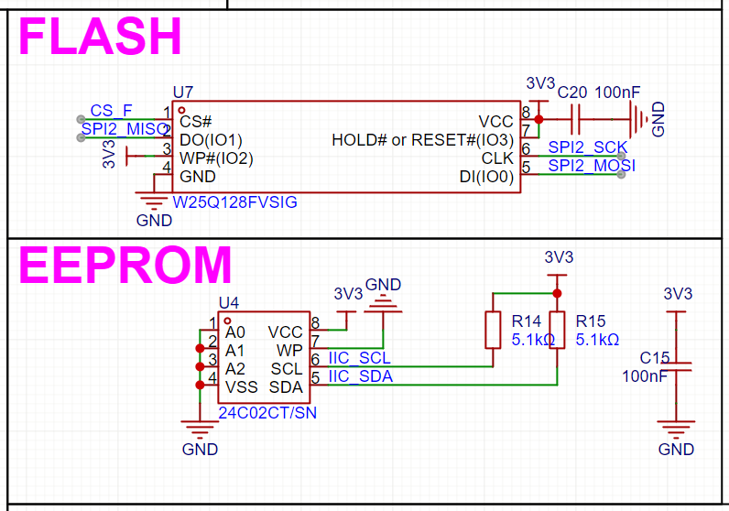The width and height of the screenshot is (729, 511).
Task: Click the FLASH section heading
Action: click(x=100, y=38)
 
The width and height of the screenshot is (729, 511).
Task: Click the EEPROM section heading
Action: click(x=125, y=266)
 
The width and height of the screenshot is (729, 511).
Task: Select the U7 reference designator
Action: click(x=183, y=92)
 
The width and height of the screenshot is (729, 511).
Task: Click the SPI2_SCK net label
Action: click(x=587, y=147)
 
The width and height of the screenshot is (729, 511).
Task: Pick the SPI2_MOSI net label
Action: click(x=591, y=166)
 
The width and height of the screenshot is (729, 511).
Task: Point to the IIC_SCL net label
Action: click(x=359, y=358)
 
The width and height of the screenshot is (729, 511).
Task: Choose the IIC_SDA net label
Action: click(x=360, y=376)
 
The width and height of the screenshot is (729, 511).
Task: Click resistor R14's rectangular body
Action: click(x=493, y=331)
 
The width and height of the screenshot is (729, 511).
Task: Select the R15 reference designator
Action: click(x=591, y=321)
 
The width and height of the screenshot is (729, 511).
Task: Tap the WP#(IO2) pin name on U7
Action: click(x=216, y=158)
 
